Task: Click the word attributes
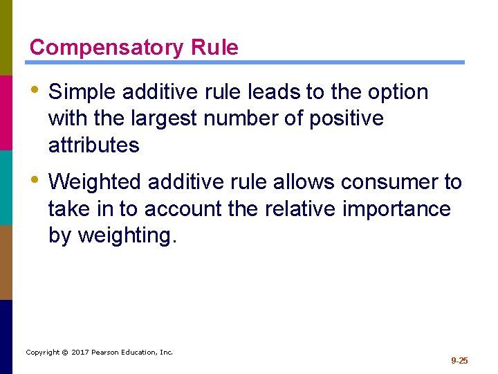[x=93, y=145]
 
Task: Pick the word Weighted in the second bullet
[x=95, y=182]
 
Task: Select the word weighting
[x=127, y=235]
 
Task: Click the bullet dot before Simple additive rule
[x=35, y=91]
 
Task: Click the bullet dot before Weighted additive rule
[x=35, y=181]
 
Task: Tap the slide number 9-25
[x=459, y=360]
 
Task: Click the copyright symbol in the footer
[x=64, y=353]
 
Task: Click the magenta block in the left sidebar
[x=6, y=112]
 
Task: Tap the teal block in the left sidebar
[x=6, y=187]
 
